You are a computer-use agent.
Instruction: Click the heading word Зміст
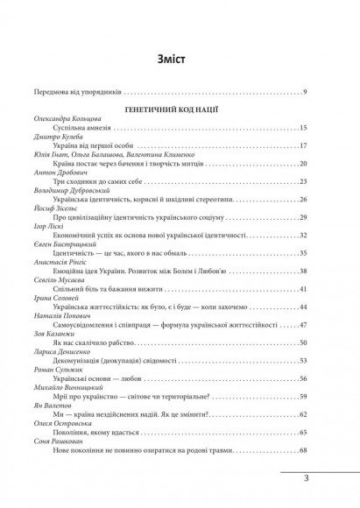tap(180, 60)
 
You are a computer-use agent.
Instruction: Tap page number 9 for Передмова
tap(302, 92)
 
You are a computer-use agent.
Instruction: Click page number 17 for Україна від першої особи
tap(300, 147)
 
